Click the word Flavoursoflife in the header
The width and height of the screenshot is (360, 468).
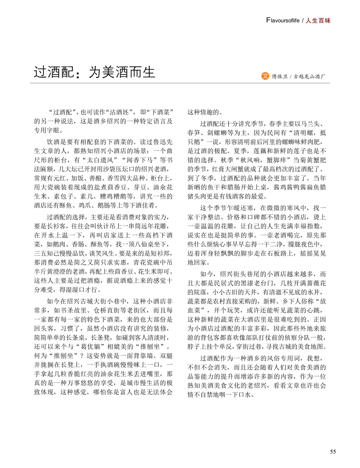point(283,21)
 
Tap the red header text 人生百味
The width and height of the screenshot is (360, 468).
point(318,21)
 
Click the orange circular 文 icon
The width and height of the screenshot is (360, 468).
point(265,76)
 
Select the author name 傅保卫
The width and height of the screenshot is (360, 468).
point(280,76)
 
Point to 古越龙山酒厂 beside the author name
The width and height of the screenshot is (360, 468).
point(309,76)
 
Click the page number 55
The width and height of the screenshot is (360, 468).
point(333,452)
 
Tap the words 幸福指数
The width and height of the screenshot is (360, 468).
point(312,226)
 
